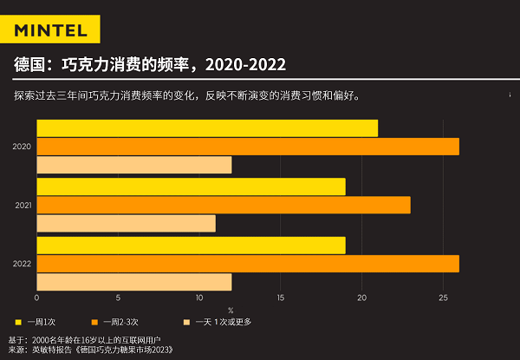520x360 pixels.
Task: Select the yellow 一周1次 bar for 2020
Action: [x=207, y=128]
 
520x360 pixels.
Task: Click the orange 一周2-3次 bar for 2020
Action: [x=248, y=147]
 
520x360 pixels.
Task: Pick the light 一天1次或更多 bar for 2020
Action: [x=134, y=165]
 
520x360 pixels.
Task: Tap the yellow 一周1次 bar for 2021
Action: [x=191, y=187]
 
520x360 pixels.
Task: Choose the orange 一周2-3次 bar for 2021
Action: [x=224, y=205]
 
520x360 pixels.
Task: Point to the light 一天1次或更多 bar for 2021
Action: [x=126, y=223]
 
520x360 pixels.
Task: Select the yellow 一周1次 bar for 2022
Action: [x=191, y=245]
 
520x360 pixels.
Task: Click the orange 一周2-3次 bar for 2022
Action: [x=248, y=263]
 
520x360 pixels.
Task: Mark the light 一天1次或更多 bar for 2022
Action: [x=134, y=281]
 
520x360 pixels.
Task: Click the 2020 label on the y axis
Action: [x=22, y=147]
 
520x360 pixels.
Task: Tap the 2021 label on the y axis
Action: [x=22, y=205]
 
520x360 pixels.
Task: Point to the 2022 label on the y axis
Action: [x=22, y=263]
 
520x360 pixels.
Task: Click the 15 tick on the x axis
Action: [x=281, y=298]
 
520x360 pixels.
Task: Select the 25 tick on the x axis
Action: [x=443, y=298]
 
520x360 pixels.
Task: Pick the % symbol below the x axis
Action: [x=231, y=310]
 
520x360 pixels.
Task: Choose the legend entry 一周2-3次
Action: [x=119, y=322]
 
